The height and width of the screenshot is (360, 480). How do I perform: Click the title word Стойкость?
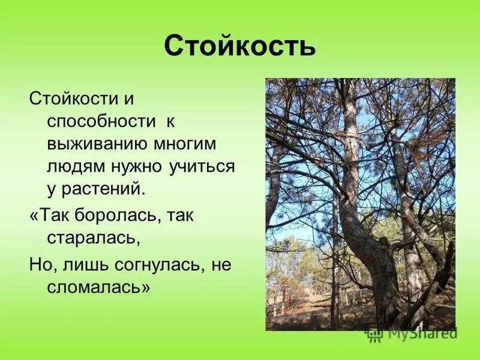pos(239,46)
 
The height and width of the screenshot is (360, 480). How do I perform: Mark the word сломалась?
pos(98,287)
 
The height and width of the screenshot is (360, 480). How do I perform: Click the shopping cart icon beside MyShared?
pos(375,334)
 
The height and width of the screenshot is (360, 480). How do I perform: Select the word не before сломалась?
pos(221,265)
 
